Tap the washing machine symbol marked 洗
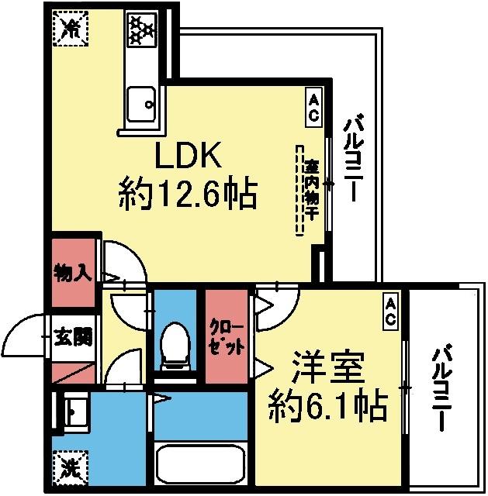70,467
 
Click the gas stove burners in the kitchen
142,30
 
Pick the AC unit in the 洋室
390,310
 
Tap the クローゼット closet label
227,338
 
